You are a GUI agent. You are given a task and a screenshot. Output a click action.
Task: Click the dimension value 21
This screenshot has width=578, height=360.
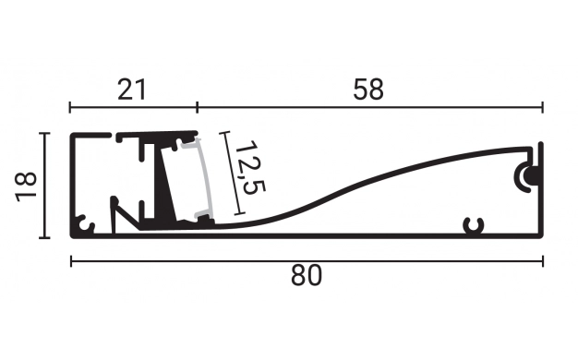tap(132, 90)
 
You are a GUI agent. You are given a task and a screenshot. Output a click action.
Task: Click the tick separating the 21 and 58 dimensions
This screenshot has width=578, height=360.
tap(198, 106)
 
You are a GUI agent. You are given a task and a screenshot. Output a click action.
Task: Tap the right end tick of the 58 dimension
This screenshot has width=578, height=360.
tap(543, 106)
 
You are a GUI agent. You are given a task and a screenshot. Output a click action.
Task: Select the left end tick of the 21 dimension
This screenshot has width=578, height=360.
tap(71, 106)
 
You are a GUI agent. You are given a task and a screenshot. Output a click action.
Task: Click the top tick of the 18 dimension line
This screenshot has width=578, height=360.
tap(42, 134)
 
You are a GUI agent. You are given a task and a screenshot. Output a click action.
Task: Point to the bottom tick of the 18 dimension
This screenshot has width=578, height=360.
tap(42, 237)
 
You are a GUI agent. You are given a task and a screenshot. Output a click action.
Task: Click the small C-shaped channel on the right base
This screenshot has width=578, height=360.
tap(475, 224)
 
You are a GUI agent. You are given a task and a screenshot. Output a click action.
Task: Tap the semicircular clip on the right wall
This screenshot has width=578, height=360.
tap(529, 174)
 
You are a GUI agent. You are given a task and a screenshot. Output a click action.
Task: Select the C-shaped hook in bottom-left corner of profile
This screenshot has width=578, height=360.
tap(84, 224)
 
